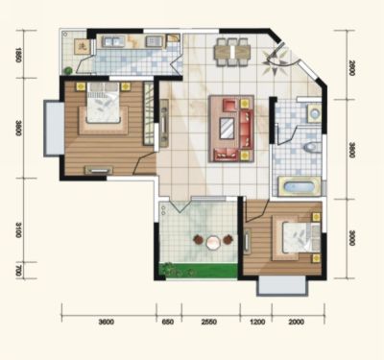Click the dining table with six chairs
[232, 52]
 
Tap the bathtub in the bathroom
[300, 187]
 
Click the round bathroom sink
[315, 113]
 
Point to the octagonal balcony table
[212, 242]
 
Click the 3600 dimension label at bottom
[107, 322]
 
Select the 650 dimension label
[167, 322]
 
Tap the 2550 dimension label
[208, 322]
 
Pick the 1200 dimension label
[257, 322]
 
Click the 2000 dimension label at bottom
[297, 322]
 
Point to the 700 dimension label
[18, 271]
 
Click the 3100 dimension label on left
[18, 229]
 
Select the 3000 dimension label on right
[351, 238]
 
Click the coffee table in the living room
[228, 129]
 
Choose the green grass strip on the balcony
[199, 271]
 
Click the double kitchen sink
[113, 42]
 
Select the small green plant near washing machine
[67, 70]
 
